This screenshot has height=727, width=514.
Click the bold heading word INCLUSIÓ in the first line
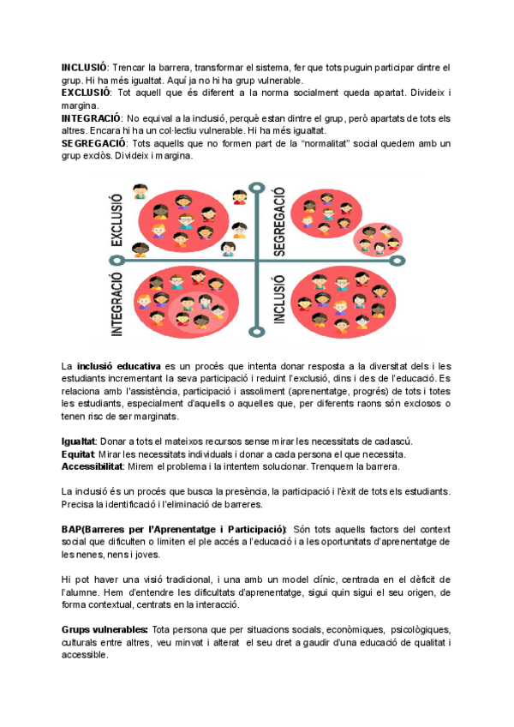pyautogui.click(x=82, y=67)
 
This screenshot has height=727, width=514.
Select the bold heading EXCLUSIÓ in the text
pyautogui.click(x=84, y=92)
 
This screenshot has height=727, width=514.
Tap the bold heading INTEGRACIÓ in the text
pyautogui.click(x=89, y=117)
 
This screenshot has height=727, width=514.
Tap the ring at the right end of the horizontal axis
pyautogui.click(x=396, y=261)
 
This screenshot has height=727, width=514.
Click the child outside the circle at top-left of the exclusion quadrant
pyautogui.click(x=142, y=191)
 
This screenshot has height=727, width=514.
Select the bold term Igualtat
pyautogui.click(x=79, y=441)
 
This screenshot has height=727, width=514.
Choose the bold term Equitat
pyautogui.click(x=77, y=454)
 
